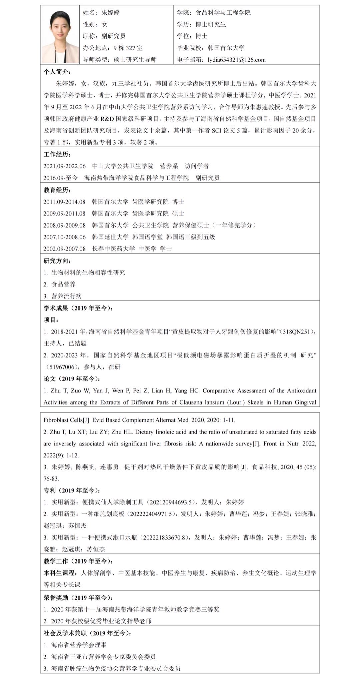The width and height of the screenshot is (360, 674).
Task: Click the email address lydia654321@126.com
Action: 237,60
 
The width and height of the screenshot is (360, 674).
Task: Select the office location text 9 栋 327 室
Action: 128,48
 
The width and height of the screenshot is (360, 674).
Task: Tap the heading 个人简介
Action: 57,72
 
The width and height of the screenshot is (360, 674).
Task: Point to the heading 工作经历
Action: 57,154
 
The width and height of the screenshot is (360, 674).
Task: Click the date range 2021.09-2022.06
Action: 65,166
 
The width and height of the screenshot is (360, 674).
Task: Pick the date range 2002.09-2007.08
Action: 65,249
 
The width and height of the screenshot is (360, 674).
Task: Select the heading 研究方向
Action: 57,261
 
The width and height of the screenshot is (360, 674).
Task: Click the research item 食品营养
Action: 63,284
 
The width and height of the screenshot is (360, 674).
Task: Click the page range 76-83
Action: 51,478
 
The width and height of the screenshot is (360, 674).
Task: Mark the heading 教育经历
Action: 57,190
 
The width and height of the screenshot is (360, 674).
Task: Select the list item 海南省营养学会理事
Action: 79,645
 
